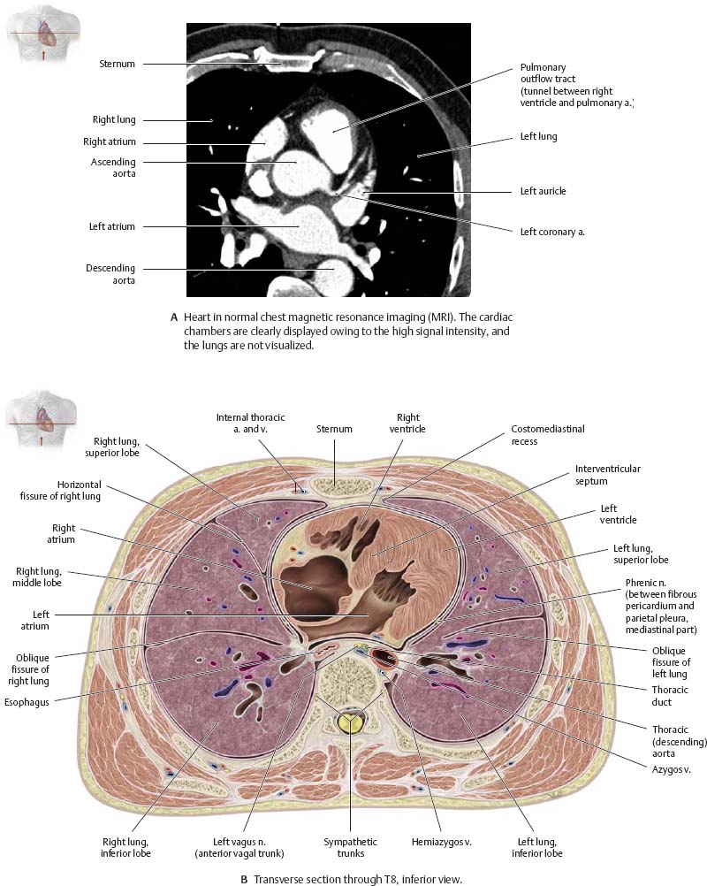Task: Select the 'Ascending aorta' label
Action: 114,168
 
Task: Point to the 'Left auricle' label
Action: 543,191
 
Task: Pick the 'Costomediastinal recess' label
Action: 548,434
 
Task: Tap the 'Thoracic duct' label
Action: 658,694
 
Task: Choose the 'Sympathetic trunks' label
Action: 350,847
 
